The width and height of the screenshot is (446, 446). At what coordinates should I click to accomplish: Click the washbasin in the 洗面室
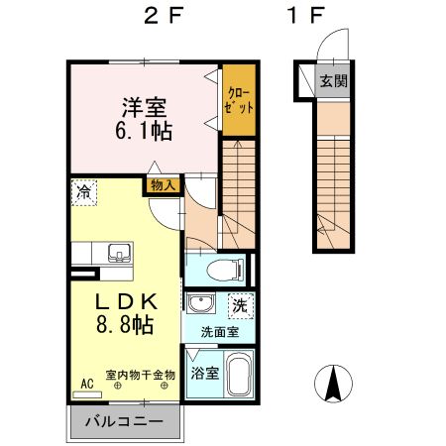point(200,303)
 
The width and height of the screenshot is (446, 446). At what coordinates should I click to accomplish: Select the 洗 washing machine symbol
point(239,304)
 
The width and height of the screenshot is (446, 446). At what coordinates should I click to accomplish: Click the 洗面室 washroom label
point(220,332)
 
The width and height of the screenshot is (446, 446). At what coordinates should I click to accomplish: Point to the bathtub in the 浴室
point(240,376)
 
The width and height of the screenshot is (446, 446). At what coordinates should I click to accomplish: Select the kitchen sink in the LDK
point(118,252)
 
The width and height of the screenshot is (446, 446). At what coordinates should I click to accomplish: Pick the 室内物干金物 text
point(140,375)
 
